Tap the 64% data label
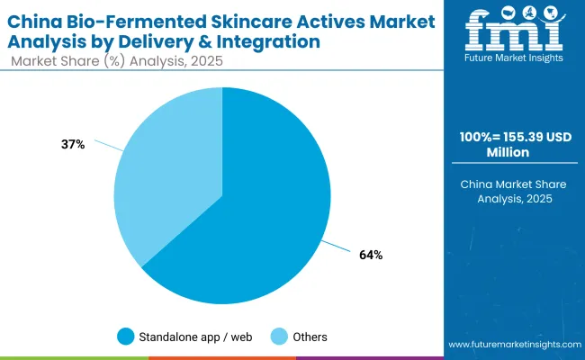[x=370, y=255]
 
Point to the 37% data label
[x=74, y=144]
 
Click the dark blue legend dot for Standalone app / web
[x=126, y=337]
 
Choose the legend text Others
[x=310, y=337]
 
